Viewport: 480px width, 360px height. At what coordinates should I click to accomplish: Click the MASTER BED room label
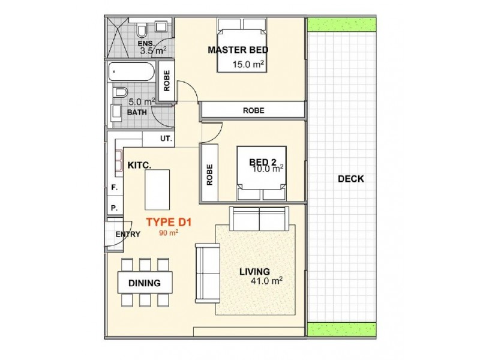click(238, 50)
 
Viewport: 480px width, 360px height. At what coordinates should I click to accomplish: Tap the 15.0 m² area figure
click(248, 64)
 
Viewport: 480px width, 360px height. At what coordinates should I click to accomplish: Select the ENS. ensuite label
click(146, 43)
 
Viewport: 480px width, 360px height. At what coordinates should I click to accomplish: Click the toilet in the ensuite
click(142, 31)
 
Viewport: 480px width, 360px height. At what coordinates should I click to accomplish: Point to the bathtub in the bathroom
click(131, 72)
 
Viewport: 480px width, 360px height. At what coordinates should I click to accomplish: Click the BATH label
click(137, 112)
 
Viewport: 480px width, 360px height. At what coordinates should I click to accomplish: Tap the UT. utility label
click(166, 139)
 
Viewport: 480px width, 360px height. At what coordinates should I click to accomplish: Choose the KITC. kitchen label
click(139, 166)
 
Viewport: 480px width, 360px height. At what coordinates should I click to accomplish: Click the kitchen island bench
click(157, 190)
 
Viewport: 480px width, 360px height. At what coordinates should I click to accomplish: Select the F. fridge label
click(114, 188)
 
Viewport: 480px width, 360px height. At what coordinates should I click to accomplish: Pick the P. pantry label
click(114, 208)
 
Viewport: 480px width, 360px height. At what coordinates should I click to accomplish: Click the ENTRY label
click(128, 234)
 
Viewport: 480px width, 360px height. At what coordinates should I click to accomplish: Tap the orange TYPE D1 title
click(169, 222)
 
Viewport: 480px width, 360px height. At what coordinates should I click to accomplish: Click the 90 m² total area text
click(169, 233)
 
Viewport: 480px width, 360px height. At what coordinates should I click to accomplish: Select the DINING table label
click(145, 283)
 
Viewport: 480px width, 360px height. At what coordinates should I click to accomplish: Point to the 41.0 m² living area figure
click(266, 280)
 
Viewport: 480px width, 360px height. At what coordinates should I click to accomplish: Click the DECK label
click(351, 179)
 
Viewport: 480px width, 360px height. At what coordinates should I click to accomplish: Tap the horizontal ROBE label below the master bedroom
click(253, 110)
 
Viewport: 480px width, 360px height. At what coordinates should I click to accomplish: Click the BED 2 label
click(263, 162)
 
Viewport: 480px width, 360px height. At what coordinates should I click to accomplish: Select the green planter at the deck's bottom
click(341, 329)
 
